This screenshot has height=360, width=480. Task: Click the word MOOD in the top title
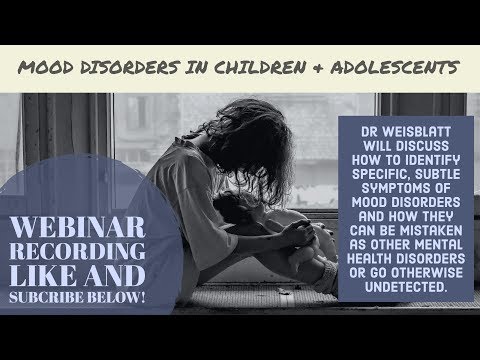(x=48, y=68)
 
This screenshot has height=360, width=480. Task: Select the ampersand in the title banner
(x=293, y=68)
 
